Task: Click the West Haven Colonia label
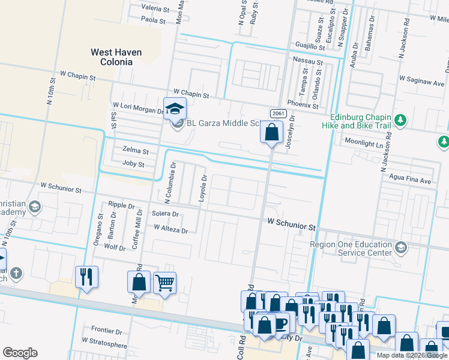116,57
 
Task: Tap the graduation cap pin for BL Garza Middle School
175,109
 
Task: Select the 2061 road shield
277,113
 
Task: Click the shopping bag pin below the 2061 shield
271,131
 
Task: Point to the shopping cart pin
164,282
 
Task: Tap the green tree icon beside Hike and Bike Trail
400,121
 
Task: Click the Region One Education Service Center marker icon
400,247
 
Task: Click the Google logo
20,353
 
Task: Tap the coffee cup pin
280,323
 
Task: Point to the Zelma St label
135,151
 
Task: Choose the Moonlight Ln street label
363,142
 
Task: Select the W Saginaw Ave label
423,79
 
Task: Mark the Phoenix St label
303,104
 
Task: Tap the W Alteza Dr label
170,228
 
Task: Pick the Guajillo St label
309,46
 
